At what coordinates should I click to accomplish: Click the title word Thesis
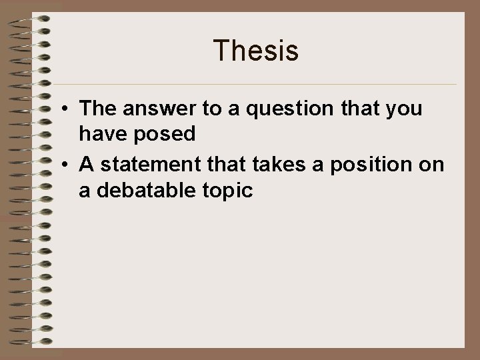[256, 52]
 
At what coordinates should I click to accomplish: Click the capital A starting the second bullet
[85, 164]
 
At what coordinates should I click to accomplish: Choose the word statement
[145, 164]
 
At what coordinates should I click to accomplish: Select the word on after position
[433, 164]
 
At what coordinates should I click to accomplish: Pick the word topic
[228, 191]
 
